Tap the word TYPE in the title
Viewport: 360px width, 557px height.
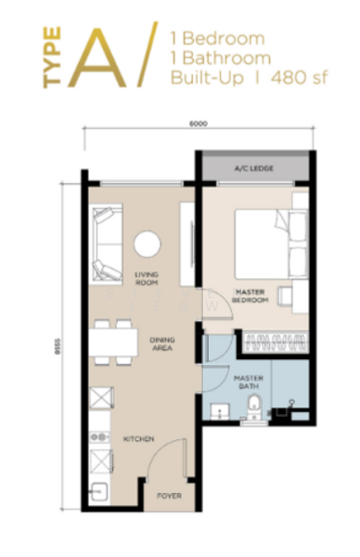(52, 58)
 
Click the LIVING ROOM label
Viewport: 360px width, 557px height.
(146, 278)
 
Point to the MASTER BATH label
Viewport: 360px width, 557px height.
(248, 382)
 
